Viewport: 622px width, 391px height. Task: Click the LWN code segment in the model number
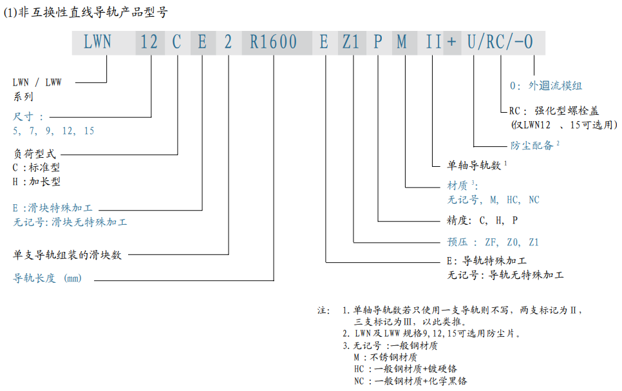pos(97,43)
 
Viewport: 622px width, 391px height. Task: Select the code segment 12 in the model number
pos(149,43)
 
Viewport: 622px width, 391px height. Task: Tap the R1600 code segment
pos(274,43)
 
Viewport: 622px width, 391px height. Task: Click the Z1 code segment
pos(351,43)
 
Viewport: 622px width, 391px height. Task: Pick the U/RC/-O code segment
pos(500,43)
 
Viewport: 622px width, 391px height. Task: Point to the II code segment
pos(433,43)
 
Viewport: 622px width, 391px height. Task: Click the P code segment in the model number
pos(378,43)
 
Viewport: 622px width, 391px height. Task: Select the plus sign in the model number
pos(452,43)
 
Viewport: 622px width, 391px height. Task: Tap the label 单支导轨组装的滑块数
pos(68,254)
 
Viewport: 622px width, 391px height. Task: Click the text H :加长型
pos(37,182)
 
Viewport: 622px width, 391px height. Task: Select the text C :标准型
pos(37,167)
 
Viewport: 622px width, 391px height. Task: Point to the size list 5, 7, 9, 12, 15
pos(53,131)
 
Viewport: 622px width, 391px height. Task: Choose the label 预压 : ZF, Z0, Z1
pos(493,242)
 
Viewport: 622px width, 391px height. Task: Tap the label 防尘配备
pos(532,146)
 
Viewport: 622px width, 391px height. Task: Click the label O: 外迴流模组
pos(545,86)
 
